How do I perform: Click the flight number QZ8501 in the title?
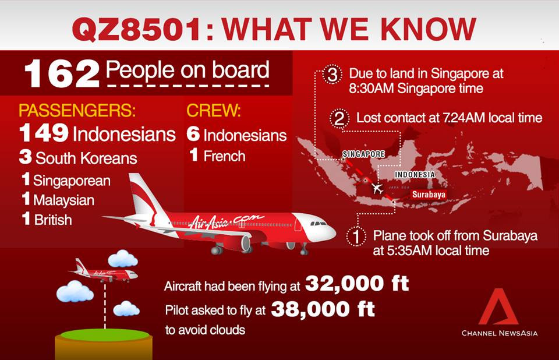135,29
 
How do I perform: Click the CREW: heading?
214,111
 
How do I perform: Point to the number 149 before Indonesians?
44,134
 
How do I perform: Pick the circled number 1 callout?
356,237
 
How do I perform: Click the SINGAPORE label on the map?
363,154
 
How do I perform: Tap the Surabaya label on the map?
428,195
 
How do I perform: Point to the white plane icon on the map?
377,189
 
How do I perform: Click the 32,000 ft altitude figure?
356,284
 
